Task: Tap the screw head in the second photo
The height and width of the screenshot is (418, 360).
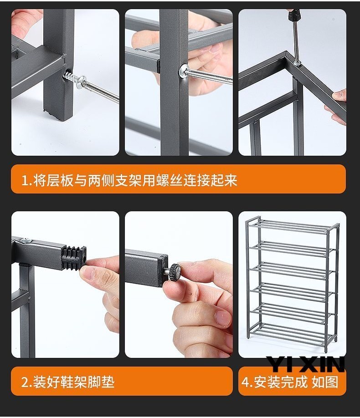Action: [x=184, y=71]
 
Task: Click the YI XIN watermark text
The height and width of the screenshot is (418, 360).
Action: [x=305, y=364]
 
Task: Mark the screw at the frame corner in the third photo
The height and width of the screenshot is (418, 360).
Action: [x=297, y=63]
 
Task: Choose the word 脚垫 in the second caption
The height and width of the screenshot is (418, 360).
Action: [x=102, y=382]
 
